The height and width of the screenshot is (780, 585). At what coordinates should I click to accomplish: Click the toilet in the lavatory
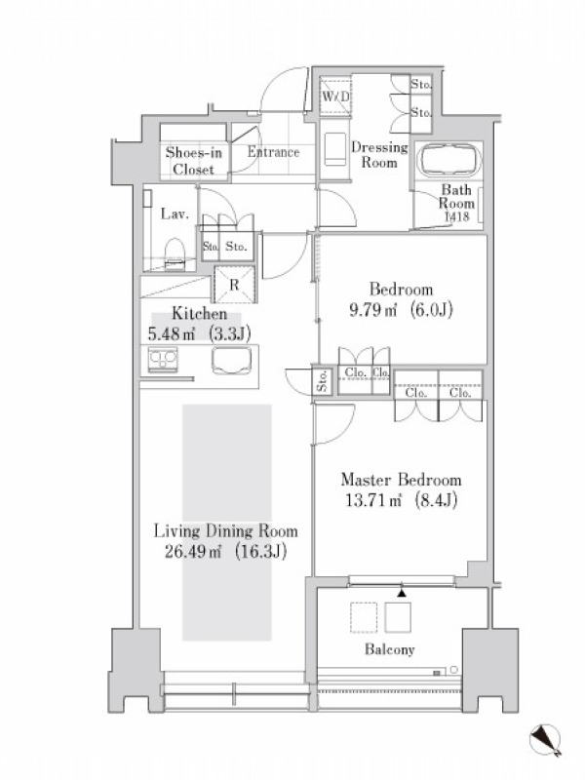[175, 253]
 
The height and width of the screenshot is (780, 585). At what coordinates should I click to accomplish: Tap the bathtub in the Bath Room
[449, 160]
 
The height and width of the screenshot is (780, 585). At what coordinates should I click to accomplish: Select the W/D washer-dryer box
[335, 96]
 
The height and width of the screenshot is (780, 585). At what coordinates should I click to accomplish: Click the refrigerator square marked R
[234, 285]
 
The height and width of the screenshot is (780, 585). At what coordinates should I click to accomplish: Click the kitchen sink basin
[231, 360]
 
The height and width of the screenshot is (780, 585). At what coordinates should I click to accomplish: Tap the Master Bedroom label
[401, 480]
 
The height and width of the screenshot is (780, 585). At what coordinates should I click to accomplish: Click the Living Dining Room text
[225, 531]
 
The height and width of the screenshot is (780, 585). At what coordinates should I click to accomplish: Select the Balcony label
[389, 649]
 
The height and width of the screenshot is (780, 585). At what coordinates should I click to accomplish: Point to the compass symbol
[546, 740]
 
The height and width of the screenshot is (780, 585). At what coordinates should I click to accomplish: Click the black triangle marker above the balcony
[402, 593]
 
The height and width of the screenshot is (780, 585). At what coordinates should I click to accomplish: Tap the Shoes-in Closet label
[193, 161]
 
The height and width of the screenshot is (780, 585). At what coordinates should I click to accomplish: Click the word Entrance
[274, 152]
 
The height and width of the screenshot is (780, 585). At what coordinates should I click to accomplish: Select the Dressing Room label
[379, 155]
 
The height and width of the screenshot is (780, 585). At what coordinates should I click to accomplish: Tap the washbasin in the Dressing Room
[334, 149]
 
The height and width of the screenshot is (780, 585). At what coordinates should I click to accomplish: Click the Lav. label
[175, 214]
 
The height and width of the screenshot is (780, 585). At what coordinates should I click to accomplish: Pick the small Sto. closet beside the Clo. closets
[323, 380]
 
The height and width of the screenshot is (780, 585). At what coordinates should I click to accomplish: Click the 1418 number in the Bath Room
[456, 216]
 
